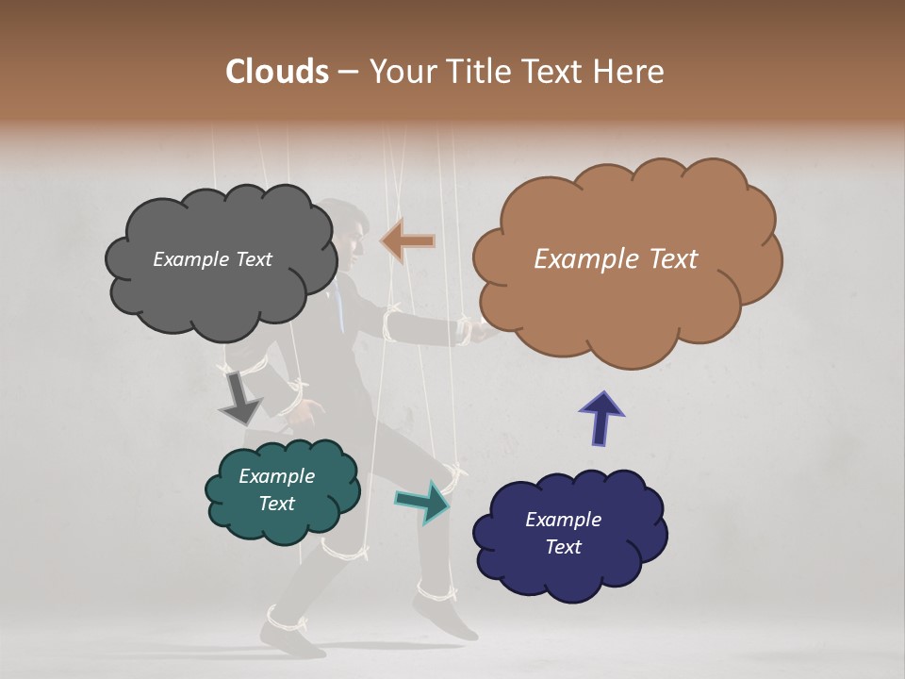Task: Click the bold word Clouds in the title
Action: [x=276, y=72]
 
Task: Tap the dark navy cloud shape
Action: [x=569, y=575]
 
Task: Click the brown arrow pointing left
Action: [x=407, y=240]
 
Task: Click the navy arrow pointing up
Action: [x=601, y=417]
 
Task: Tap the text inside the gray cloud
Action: [x=212, y=259]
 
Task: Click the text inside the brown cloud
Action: [x=616, y=259]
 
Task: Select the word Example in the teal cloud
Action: [x=276, y=476]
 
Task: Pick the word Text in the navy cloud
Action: [x=563, y=547]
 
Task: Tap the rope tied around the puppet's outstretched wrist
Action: [x=464, y=330]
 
